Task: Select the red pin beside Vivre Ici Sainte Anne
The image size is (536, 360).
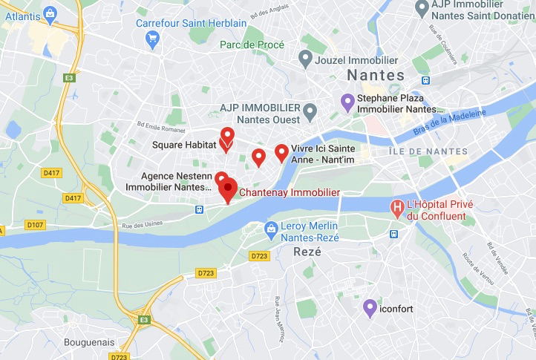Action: [x=281, y=152]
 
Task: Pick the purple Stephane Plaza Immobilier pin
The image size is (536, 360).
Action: [x=347, y=102]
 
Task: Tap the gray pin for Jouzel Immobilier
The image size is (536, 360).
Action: [x=304, y=57]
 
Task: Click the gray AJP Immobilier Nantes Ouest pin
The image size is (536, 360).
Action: [x=310, y=111]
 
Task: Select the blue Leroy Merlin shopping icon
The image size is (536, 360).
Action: [x=272, y=227]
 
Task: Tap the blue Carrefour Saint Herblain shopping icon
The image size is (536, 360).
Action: [x=154, y=38]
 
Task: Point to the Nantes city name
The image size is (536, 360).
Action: [x=376, y=76]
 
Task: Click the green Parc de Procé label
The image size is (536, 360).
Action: [x=252, y=45]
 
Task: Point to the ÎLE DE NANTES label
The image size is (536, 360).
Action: [x=428, y=151]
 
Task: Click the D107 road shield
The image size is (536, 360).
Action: [x=34, y=224]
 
